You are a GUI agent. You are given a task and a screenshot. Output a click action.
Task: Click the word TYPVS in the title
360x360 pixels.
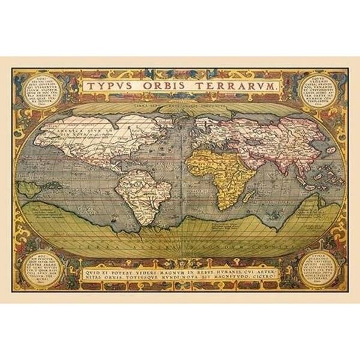[x=109, y=86]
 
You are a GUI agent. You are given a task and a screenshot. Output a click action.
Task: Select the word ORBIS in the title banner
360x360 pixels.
[x=158, y=86]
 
